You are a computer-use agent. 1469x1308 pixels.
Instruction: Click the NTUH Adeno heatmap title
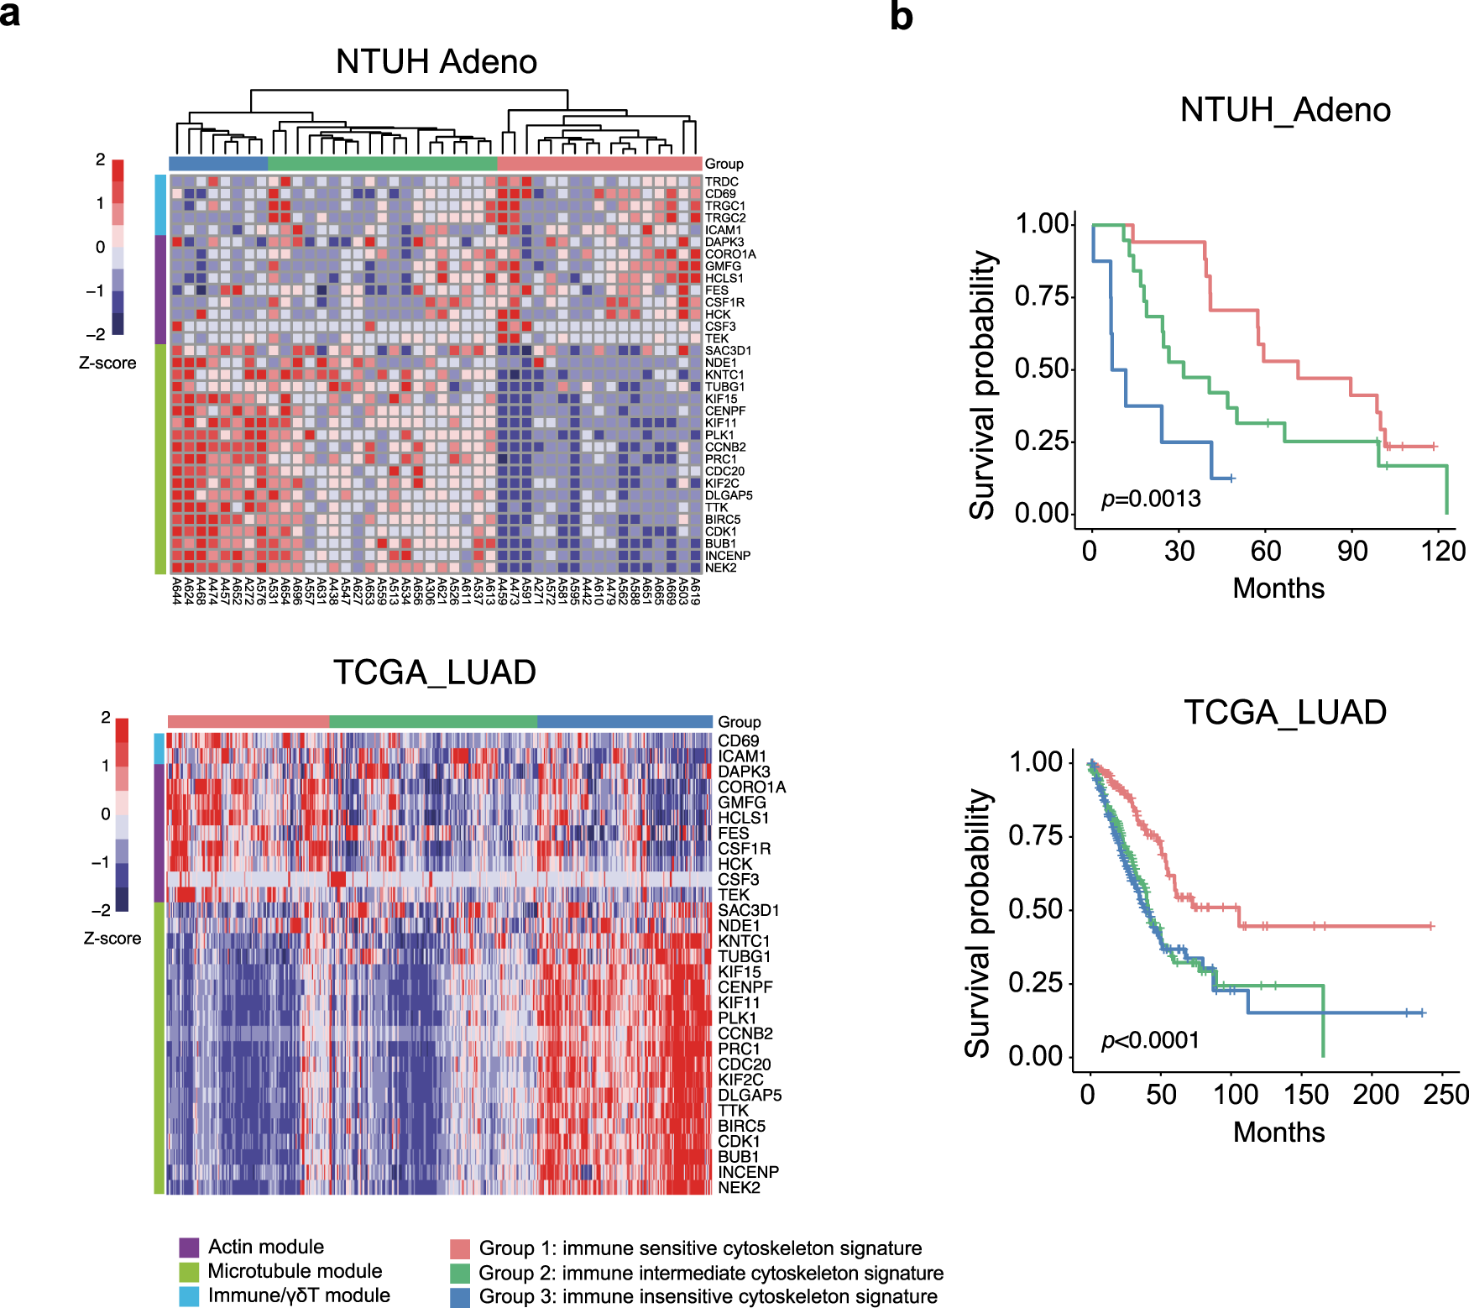point(436,62)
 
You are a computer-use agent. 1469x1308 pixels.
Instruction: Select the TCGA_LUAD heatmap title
point(434,672)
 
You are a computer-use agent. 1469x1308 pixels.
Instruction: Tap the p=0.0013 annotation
point(1151,499)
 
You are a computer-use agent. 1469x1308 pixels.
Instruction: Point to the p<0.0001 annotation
point(1151,1040)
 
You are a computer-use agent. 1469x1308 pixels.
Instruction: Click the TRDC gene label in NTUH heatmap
point(721,181)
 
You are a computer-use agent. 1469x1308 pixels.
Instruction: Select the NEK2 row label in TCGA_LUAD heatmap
point(739,1187)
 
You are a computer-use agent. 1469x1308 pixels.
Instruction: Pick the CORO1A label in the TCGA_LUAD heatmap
point(751,787)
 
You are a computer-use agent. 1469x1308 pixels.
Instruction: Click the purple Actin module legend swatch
point(189,1247)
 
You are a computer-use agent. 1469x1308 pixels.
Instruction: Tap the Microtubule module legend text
point(295,1271)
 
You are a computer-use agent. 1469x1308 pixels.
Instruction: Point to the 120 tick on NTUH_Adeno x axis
point(1443,551)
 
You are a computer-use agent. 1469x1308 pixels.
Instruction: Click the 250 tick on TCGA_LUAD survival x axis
point(1445,1094)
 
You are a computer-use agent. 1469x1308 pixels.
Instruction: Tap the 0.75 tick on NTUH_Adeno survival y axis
point(1042,296)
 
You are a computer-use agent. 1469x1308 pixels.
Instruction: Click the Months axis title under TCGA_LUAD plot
point(1278,1132)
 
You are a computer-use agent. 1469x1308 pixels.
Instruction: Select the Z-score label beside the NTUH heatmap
point(107,363)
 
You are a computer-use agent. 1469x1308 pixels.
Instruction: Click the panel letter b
point(901,17)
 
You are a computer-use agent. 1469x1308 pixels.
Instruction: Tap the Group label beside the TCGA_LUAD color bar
point(739,722)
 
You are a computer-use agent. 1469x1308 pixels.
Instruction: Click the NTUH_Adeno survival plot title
point(1285,110)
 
